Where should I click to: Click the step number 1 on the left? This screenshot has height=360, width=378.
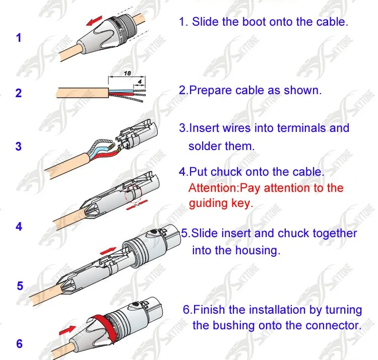click(x=19, y=37)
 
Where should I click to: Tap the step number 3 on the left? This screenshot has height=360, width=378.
click(x=19, y=147)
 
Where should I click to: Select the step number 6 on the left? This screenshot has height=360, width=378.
click(x=20, y=344)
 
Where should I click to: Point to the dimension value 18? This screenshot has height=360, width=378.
click(x=128, y=73)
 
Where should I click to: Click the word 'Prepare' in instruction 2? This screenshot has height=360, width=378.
click(x=209, y=91)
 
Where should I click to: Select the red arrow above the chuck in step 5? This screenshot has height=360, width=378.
click(x=108, y=250)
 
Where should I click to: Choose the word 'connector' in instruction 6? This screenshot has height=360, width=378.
click(x=335, y=325)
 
